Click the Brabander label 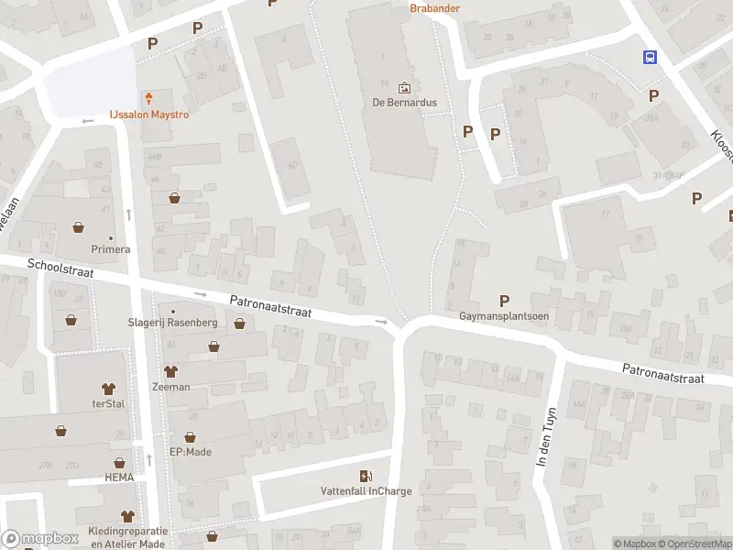(x=434, y=8)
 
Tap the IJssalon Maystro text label (x=149, y=115)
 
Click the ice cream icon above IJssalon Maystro (x=148, y=98)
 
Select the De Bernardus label (x=404, y=102)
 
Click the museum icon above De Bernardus (x=405, y=88)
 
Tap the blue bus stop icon (x=650, y=57)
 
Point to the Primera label (x=111, y=248)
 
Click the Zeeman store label (x=170, y=387)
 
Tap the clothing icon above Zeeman (x=170, y=371)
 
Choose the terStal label (x=108, y=404)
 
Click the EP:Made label (x=191, y=452)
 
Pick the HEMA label (x=119, y=478)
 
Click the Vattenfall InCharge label (x=366, y=490)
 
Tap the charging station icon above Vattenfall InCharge (x=366, y=475)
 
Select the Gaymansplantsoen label (x=503, y=316)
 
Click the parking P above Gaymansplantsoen (x=504, y=301)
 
